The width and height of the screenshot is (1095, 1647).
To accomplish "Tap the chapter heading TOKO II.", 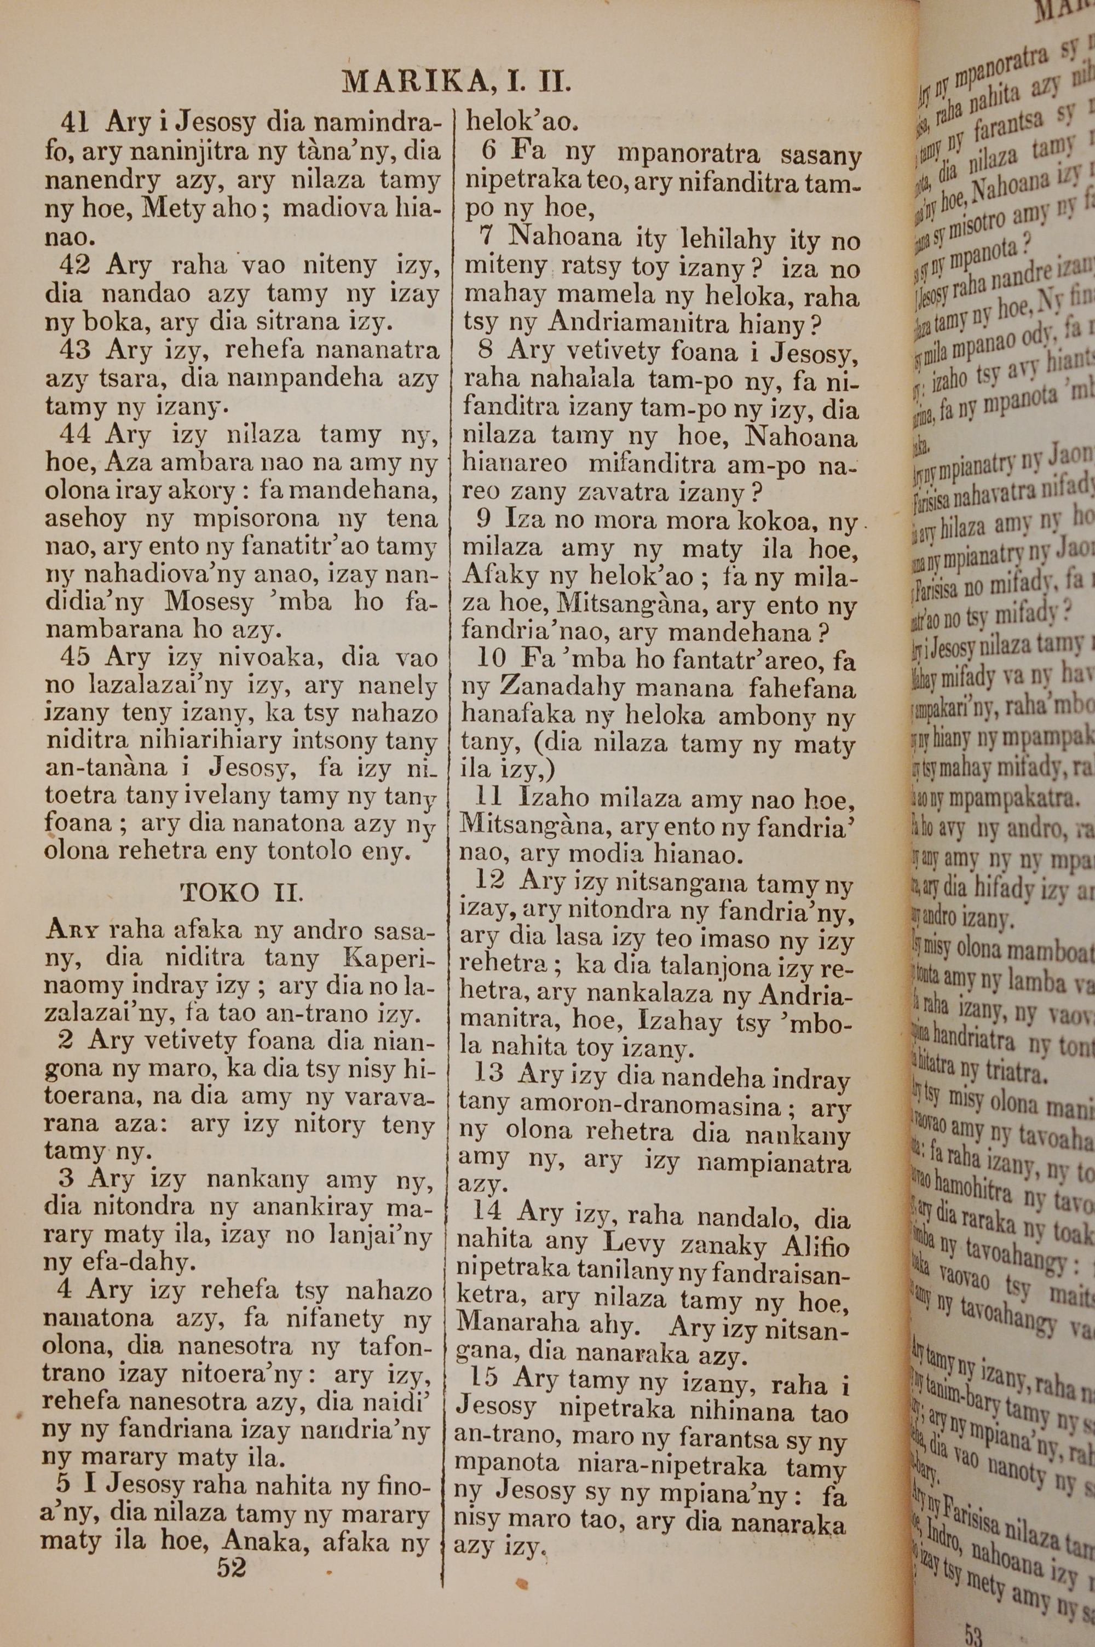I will (241, 892).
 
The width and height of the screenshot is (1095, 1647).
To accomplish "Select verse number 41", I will (73, 123).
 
